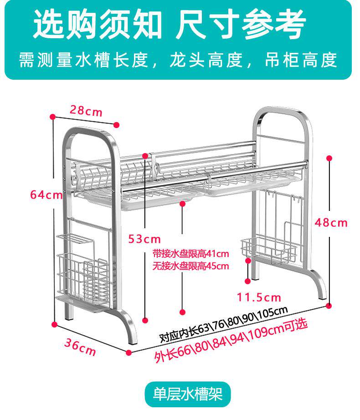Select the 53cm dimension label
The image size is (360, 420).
pos(144,239)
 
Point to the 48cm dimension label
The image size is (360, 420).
pos(331,223)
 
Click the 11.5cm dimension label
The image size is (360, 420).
pos(259,297)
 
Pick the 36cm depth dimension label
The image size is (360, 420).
pos(80,348)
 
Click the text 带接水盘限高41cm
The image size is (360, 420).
pos(190,254)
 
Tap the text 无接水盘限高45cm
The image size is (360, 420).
pos(190,266)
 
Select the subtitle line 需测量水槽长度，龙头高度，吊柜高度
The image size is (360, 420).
pos(178,60)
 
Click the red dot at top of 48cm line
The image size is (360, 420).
pos(329,158)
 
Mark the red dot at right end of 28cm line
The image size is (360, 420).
pos(117,124)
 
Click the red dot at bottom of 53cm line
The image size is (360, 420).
pos(145,319)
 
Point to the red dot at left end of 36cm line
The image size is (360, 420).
pos(55,325)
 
